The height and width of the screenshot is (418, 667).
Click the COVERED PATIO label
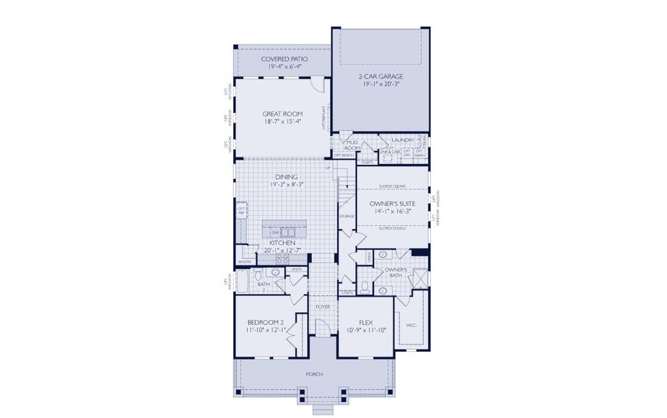click(284, 59)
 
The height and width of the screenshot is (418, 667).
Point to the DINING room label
click(285, 177)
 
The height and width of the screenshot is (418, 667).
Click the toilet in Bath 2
click(258, 274)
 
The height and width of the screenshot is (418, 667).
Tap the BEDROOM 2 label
click(265, 323)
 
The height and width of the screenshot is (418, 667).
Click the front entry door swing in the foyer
click(321, 324)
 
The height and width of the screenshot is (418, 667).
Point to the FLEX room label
click(366, 323)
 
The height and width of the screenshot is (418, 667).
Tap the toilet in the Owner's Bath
click(364, 287)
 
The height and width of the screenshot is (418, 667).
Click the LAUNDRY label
click(403, 140)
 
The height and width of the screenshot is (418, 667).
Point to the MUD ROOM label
click(353, 146)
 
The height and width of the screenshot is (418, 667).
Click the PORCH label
click(314, 374)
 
